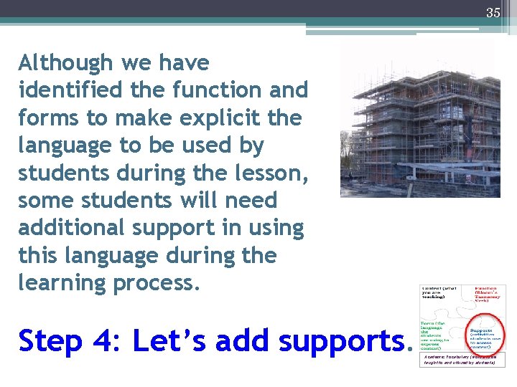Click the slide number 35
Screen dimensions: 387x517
[x=493, y=12]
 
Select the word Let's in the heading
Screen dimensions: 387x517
[x=169, y=341]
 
